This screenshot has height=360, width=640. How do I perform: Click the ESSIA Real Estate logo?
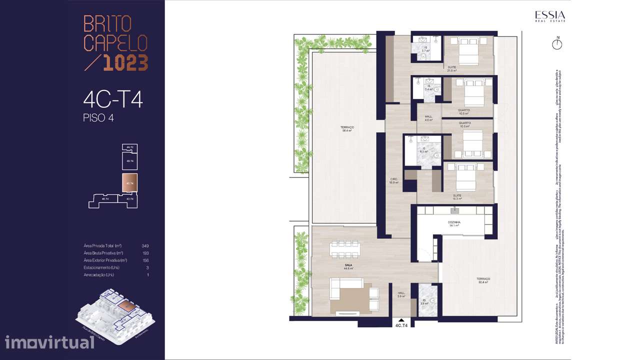[550, 16]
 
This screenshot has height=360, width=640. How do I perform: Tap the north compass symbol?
[557, 44]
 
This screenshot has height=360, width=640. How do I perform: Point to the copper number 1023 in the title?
[125, 62]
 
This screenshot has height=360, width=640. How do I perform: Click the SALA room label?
[348, 266]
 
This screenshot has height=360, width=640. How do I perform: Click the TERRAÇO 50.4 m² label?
[483, 280]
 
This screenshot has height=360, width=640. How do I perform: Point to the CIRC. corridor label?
[394, 180]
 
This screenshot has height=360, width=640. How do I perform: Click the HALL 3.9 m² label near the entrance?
[401, 295]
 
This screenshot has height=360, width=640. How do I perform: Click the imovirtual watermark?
[49, 342]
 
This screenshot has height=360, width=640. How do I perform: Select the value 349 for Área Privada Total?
[145, 246]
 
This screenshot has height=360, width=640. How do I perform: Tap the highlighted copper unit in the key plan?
[129, 183]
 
